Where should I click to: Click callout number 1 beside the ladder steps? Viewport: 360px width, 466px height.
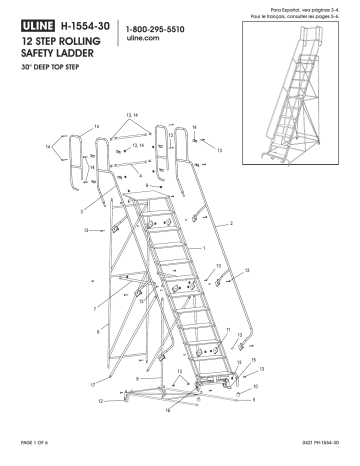pos(205,247)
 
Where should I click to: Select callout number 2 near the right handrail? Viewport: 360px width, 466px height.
pos(232,223)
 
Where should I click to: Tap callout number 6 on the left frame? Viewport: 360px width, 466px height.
pos(98,328)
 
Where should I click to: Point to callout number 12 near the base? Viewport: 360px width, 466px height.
pos(102,401)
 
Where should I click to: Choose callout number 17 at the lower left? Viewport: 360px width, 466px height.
pos(91,384)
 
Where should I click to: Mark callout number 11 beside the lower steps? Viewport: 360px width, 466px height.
pos(228,329)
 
